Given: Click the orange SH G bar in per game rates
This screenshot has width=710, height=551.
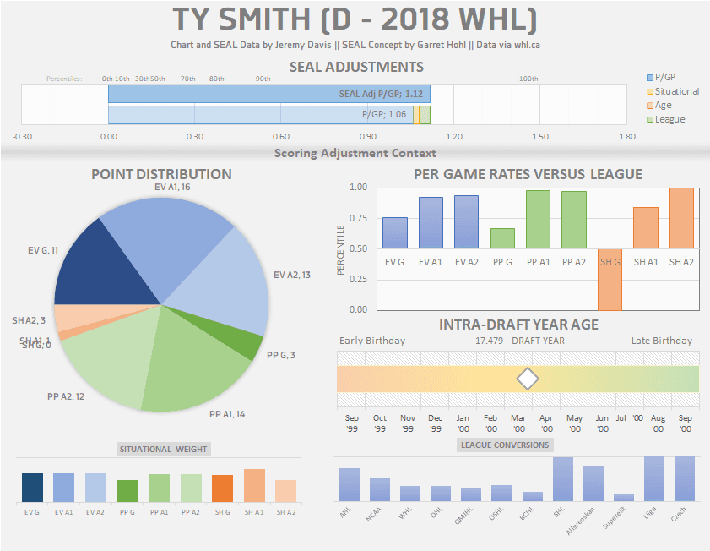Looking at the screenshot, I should tap(609, 279).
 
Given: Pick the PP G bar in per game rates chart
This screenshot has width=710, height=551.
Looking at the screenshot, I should tap(502, 238).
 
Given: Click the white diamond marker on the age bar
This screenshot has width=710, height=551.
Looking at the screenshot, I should tap(527, 379).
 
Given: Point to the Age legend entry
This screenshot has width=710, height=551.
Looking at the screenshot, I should tap(663, 106).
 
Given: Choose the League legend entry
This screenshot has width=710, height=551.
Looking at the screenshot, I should tap(669, 119).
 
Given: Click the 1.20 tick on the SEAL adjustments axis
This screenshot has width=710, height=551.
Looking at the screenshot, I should tap(454, 136).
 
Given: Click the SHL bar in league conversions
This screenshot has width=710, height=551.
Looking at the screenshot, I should tap(563, 479).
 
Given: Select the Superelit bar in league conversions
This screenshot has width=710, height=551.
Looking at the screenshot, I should tap(624, 498).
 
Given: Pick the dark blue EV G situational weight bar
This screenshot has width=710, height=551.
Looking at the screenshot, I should tap(32, 488).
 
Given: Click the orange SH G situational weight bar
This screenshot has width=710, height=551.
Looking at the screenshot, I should tap(223, 488).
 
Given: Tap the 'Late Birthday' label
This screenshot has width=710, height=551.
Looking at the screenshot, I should tap(661, 341).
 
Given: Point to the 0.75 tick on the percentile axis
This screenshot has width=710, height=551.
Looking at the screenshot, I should tap(358, 218).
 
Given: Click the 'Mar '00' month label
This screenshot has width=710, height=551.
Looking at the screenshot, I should tap(518, 422).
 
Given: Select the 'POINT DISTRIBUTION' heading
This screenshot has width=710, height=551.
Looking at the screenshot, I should tap(161, 174).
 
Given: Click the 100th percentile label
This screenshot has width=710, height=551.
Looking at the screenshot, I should tap(528, 79).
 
